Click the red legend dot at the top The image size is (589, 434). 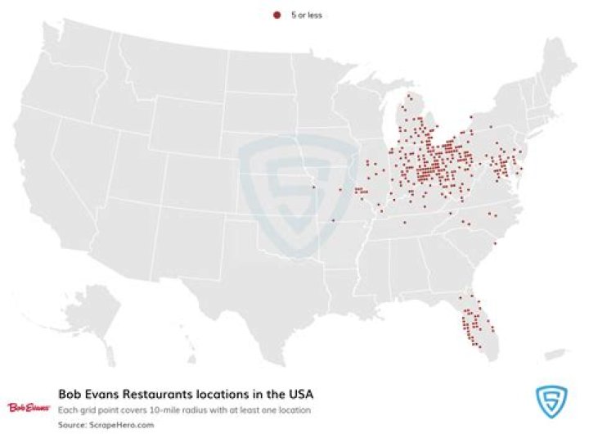pyautogui.click(x=277, y=15)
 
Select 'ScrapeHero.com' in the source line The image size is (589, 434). pyautogui.click(x=112, y=424)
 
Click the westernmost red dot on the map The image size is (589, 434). pyautogui.click(x=313, y=188)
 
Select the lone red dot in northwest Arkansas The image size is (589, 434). pyautogui.click(x=333, y=221)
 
